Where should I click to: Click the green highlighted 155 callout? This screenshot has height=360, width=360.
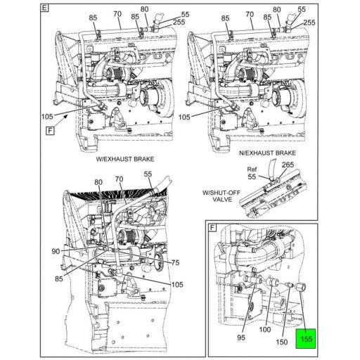coord(306,338)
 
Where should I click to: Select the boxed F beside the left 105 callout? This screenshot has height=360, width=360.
coord(50,131)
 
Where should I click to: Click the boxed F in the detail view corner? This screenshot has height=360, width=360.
coord(212,228)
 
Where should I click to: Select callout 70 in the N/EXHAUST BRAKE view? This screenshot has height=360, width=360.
coord(249,13)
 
